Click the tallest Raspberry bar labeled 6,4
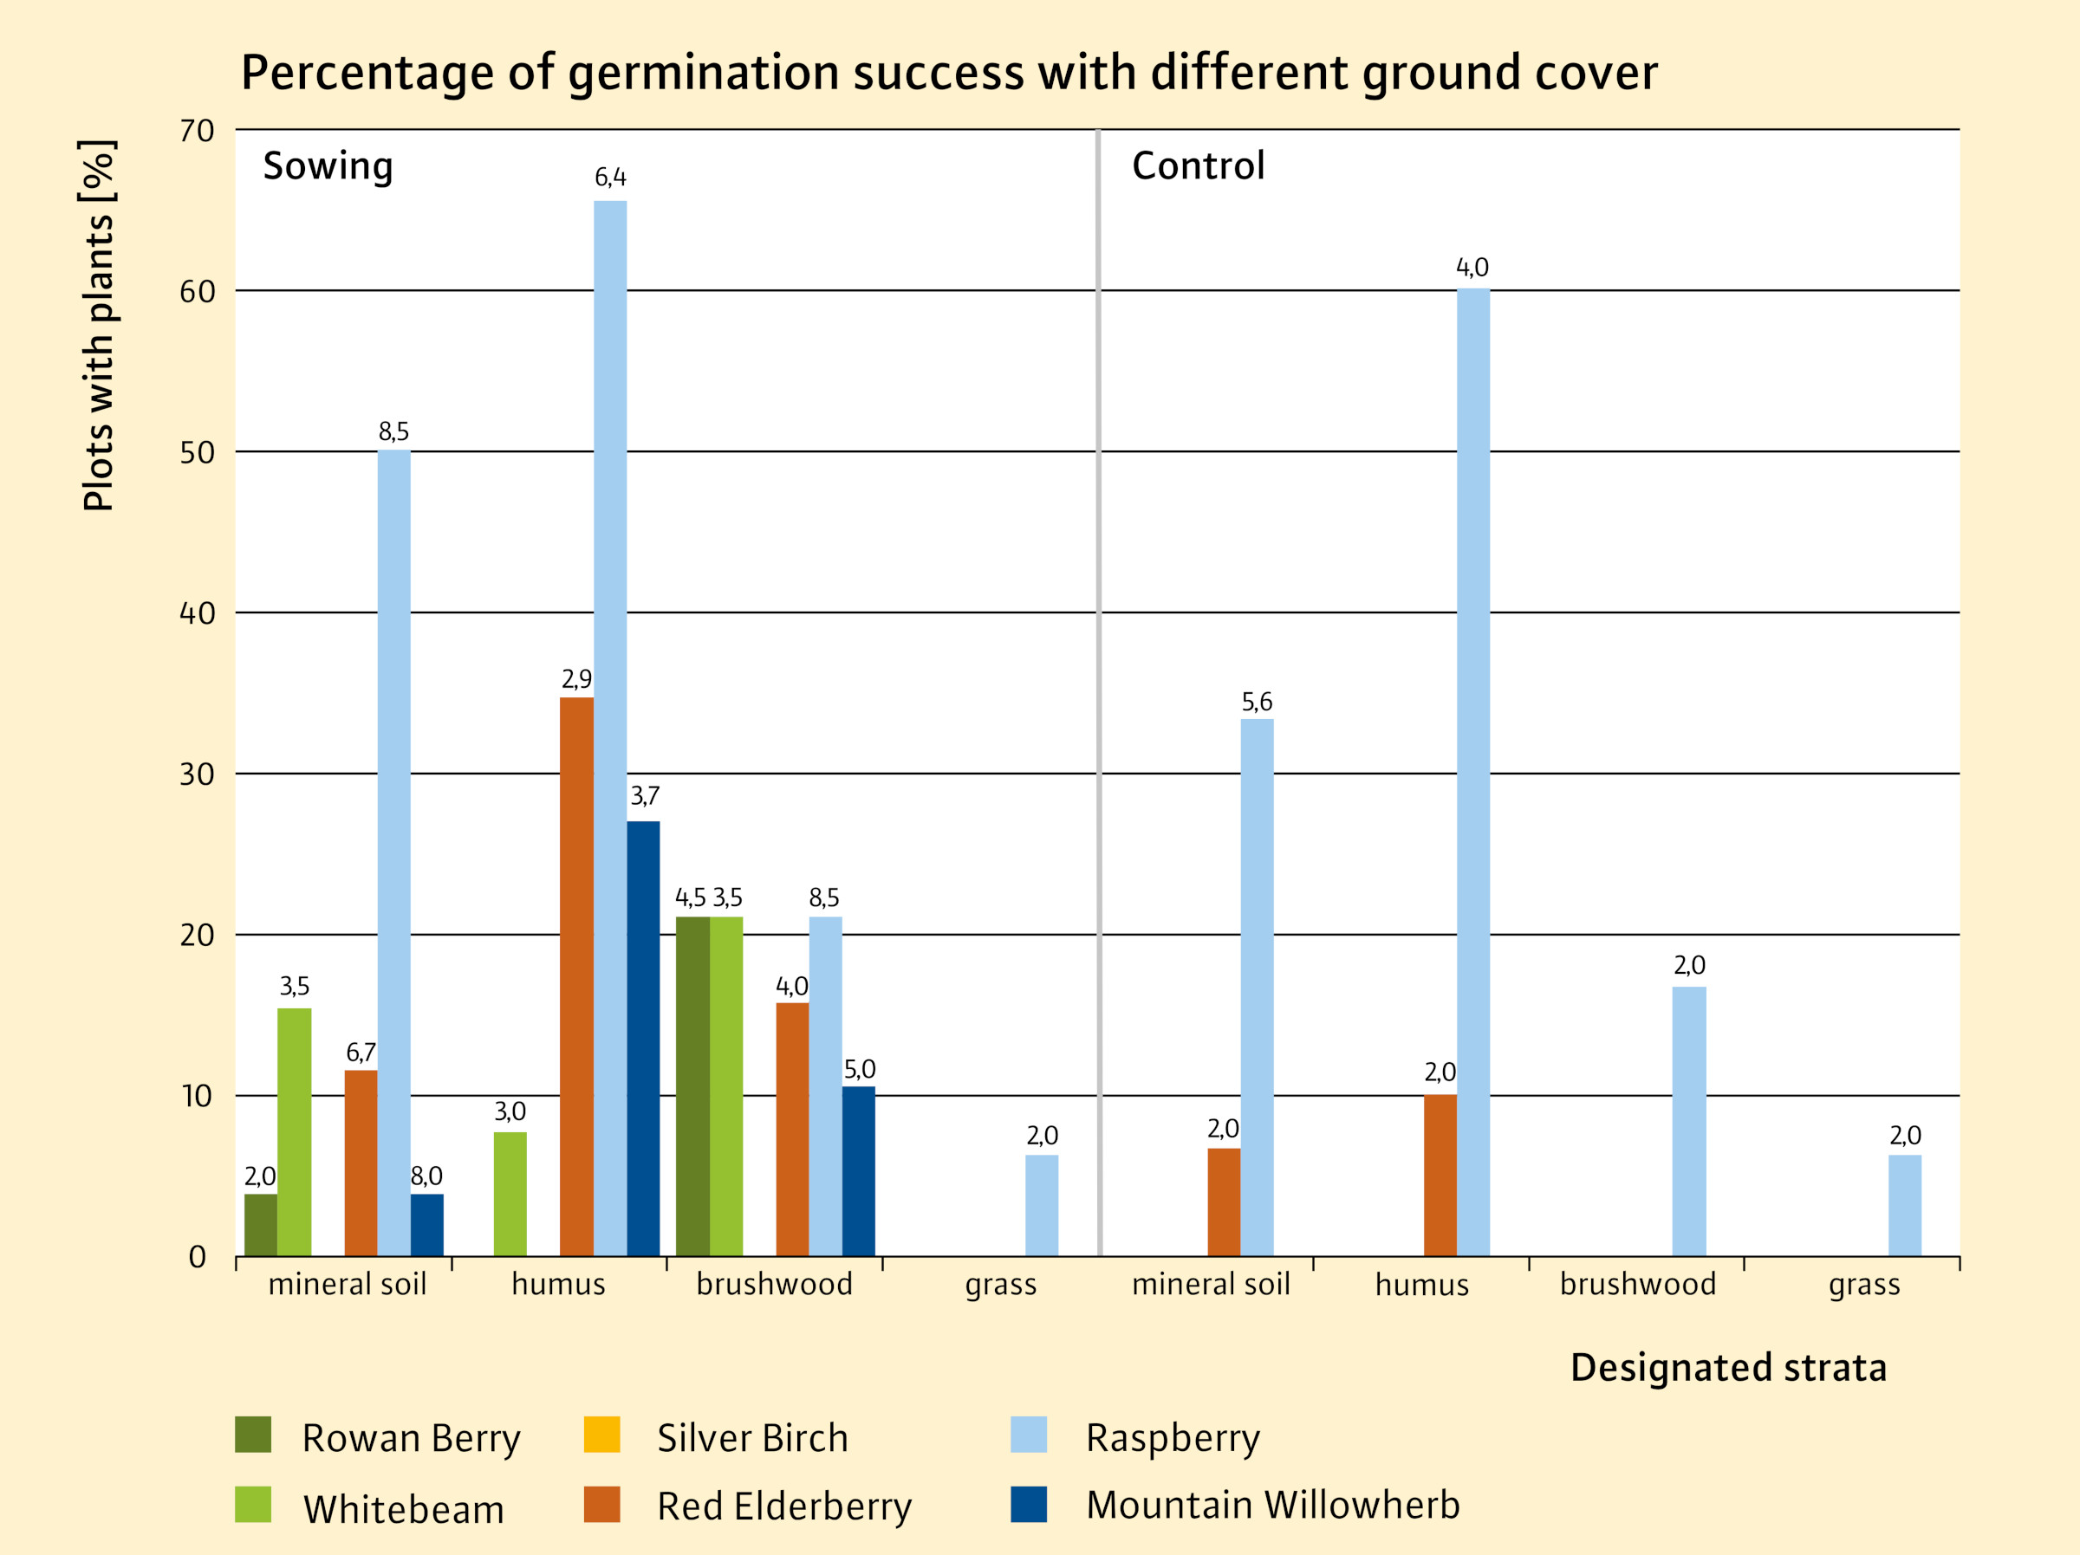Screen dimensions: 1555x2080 610,728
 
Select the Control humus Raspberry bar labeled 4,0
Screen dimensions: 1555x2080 1472,772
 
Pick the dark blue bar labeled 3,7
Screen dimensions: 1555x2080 643,1038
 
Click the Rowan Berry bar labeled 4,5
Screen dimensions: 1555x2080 692,1085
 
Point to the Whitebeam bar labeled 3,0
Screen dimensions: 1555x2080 510,1194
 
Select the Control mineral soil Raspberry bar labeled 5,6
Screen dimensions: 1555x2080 1257,988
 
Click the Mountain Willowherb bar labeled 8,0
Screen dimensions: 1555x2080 427,1225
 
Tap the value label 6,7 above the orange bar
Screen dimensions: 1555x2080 361,1053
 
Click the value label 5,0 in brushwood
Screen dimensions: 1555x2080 860,1069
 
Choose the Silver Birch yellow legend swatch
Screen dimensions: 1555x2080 601,1435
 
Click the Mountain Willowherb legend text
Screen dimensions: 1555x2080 1272,1505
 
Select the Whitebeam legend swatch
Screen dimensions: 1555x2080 253,1504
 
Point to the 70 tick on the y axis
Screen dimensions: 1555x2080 197,132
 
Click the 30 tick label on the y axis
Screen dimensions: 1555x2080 197,774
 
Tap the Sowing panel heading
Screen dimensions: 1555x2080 328,166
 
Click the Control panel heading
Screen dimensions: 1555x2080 1198,166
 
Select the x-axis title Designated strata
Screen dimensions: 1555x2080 1728,1367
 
